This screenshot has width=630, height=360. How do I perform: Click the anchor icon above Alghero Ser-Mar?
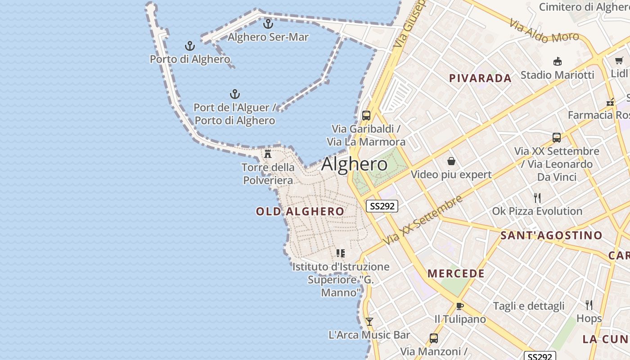click(x=268, y=23)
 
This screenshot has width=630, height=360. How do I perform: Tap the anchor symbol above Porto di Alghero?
click(x=190, y=46)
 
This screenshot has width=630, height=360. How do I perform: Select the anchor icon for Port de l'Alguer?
click(x=234, y=94)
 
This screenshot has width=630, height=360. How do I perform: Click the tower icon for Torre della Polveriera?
click(x=268, y=154)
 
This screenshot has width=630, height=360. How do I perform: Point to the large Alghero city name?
click(x=354, y=164)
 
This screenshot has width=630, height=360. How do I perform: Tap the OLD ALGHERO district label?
click(x=300, y=211)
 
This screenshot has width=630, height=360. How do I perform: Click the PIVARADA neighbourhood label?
click(x=480, y=78)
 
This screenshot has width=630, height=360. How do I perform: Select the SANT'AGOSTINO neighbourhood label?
click(x=551, y=235)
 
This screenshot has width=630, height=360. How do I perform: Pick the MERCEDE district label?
click(x=456, y=274)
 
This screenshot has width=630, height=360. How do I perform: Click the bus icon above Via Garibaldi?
click(x=366, y=116)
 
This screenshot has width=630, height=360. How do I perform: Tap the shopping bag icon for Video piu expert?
click(x=451, y=161)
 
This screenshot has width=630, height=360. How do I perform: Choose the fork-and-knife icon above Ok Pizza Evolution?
click(x=537, y=198)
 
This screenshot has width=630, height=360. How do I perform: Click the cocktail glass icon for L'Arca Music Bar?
click(x=369, y=321)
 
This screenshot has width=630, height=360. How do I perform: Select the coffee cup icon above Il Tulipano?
click(x=459, y=306)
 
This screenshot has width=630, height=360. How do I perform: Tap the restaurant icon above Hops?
click(x=589, y=305)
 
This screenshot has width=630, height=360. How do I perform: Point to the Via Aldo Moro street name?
click(x=544, y=31)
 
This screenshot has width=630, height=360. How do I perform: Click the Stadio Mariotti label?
click(x=557, y=75)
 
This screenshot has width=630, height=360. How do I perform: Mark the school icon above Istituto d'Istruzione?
click(x=341, y=253)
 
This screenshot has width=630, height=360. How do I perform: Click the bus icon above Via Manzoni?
click(x=433, y=338)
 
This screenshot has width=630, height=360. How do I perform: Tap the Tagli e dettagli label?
click(x=528, y=306)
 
